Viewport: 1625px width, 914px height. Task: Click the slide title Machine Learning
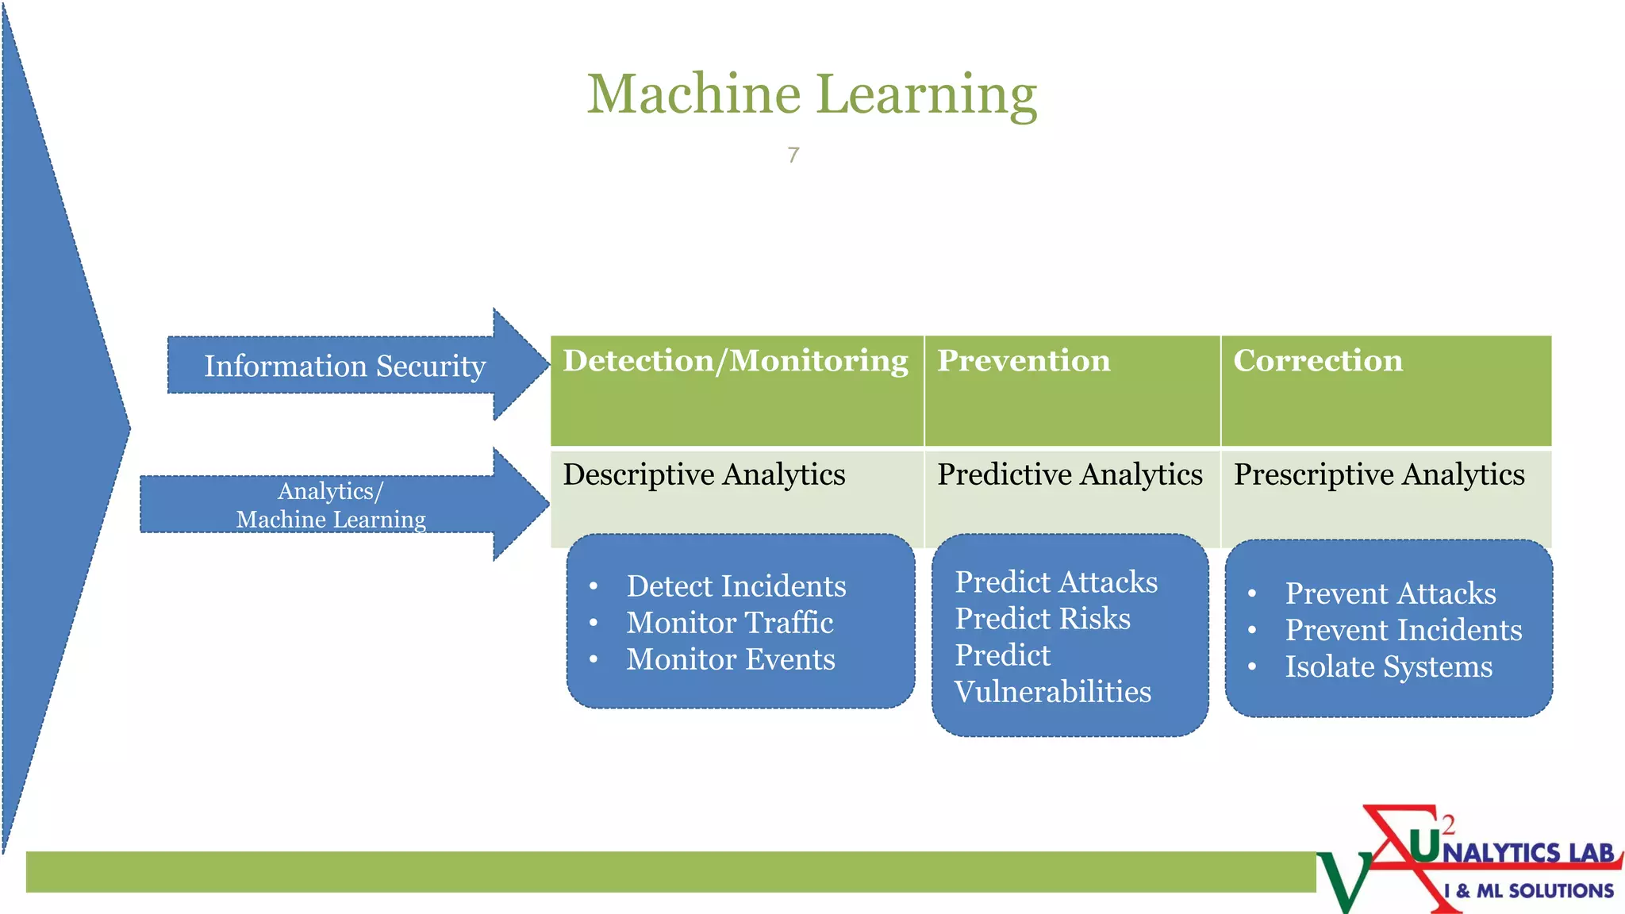[812, 94]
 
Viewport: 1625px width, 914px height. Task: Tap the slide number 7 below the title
[793, 155]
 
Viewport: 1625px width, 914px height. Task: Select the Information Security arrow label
[344, 366]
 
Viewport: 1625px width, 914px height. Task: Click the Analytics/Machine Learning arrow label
[331, 505]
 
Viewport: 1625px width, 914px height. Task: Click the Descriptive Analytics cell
[704, 474]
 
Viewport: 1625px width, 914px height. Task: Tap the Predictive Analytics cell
[1070, 474]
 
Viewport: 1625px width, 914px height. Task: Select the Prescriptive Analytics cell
[1379, 474]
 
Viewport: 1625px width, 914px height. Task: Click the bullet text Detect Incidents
[736, 586]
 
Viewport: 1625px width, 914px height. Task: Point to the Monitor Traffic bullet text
[729, 623]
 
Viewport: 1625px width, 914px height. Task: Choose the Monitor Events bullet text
[730, 659]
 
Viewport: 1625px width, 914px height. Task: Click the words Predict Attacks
[1055, 582]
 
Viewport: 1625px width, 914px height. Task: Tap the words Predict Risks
[1042, 619]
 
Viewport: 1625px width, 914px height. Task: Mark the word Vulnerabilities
[1052, 692]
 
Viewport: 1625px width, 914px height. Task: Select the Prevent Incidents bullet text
[1403, 630]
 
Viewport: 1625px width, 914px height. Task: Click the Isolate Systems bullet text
[1389, 666]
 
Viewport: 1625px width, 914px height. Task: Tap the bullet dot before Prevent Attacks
[1252, 593]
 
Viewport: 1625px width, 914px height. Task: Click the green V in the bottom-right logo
[1345, 881]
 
